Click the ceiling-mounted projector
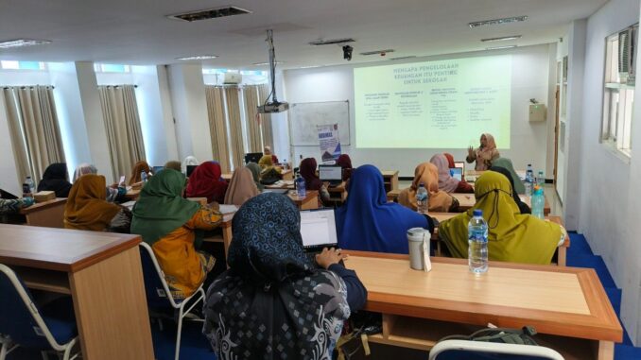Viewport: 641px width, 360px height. [273, 106]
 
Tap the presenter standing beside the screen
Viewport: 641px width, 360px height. [486, 152]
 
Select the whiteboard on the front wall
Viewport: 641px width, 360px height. [319, 122]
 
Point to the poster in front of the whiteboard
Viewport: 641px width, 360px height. [328, 142]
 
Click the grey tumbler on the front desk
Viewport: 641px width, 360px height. [418, 249]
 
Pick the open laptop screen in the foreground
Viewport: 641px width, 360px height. [319, 228]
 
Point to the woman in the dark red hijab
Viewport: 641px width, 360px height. [205, 180]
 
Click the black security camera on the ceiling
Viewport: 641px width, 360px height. [347, 53]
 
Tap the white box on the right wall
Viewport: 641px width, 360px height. [537, 111]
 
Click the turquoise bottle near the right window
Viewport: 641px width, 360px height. [537, 201]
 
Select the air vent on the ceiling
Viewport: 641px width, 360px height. [209, 13]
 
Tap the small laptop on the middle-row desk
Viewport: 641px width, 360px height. [331, 174]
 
